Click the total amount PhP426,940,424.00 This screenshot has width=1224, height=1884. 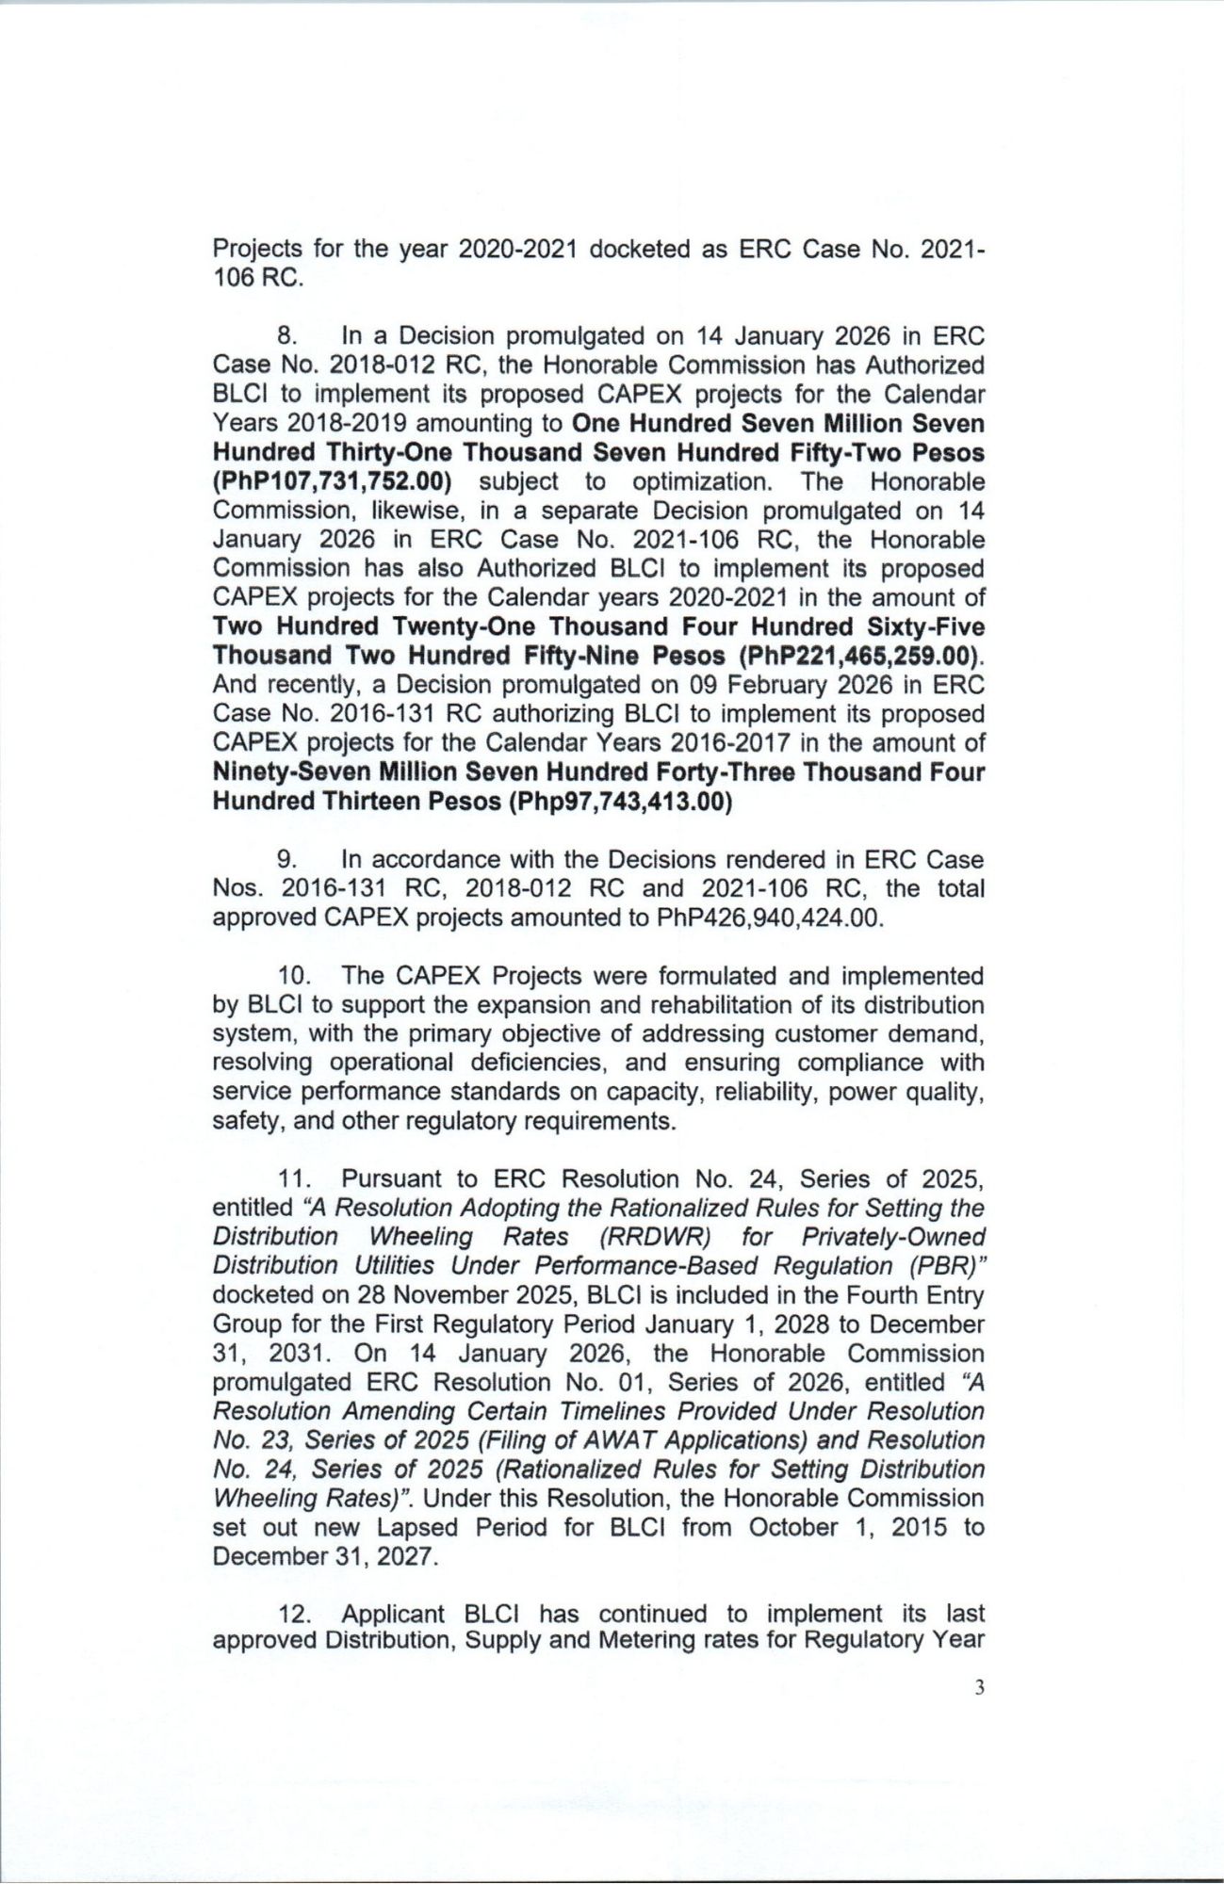[x=770, y=918]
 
